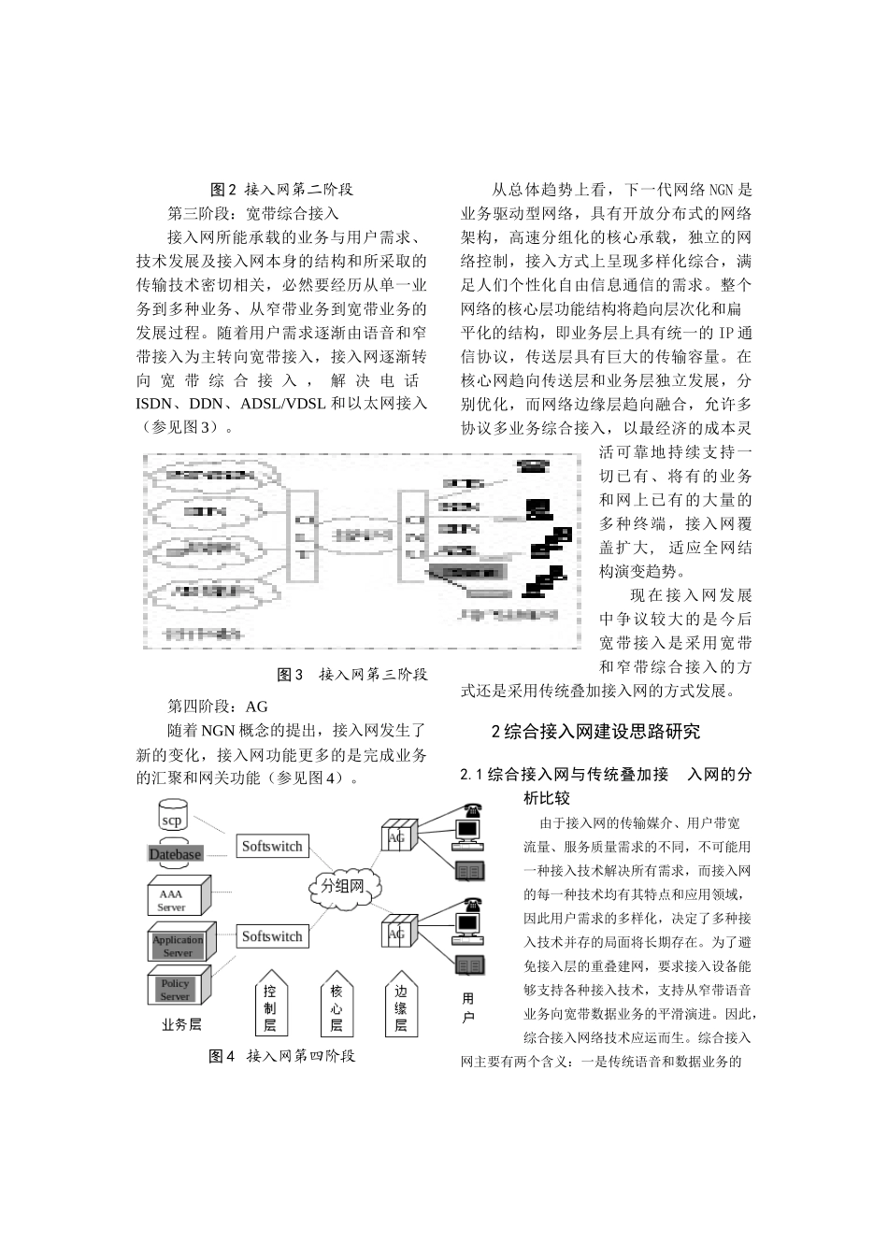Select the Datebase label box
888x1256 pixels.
pos(176,854)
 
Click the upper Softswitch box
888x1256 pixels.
pos(272,847)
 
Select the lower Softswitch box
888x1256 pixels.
pos(272,936)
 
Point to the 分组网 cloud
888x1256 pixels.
pos(342,886)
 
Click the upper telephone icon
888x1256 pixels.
pos(469,810)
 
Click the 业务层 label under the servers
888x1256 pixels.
pos(181,1024)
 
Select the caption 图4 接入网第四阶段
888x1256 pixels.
pos(282,1056)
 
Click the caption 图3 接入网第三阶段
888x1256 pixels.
pos(352,674)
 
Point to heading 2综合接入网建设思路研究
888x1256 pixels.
pos(595,732)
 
